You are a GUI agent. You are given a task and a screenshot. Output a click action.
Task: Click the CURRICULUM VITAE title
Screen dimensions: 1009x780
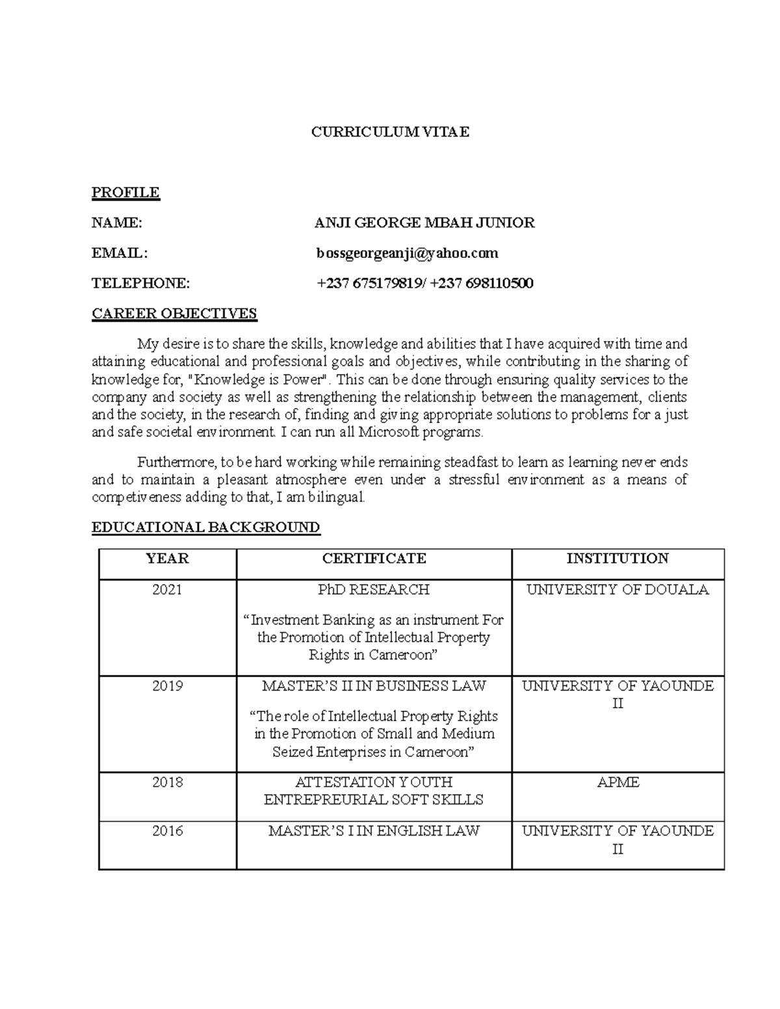point(390,133)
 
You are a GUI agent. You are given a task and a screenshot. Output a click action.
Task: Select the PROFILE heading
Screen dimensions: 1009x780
point(125,192)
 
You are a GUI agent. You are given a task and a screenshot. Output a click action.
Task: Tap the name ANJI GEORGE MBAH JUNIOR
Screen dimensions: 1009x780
point(424,223)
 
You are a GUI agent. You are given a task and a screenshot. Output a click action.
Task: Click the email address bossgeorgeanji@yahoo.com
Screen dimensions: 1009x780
point(408,253)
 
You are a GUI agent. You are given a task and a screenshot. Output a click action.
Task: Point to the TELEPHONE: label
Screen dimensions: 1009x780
point(141,283)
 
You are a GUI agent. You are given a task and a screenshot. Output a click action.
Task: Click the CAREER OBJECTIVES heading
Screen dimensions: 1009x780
point(174,314)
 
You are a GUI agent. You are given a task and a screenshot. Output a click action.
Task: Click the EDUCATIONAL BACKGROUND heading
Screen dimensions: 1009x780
point(206,527)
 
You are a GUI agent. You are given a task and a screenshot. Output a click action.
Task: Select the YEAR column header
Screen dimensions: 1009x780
point(167,559)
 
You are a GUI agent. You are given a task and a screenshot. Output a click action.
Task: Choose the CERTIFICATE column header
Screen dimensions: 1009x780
point(374,559)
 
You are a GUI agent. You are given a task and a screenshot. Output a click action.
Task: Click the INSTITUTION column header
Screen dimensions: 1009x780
point(617,559)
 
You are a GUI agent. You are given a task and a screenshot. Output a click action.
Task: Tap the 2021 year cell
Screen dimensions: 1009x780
point(167,590)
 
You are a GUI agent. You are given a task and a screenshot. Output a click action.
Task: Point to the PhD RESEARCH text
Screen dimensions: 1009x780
point(374,590)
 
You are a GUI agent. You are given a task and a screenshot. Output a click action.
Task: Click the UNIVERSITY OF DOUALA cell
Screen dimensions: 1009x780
point(617,590)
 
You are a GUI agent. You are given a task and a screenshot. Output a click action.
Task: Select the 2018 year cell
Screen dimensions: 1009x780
point(167,782)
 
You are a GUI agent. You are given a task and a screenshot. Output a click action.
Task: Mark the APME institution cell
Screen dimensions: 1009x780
point(617,782)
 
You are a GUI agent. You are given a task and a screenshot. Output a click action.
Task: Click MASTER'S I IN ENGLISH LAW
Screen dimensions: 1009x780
point(374,831)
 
